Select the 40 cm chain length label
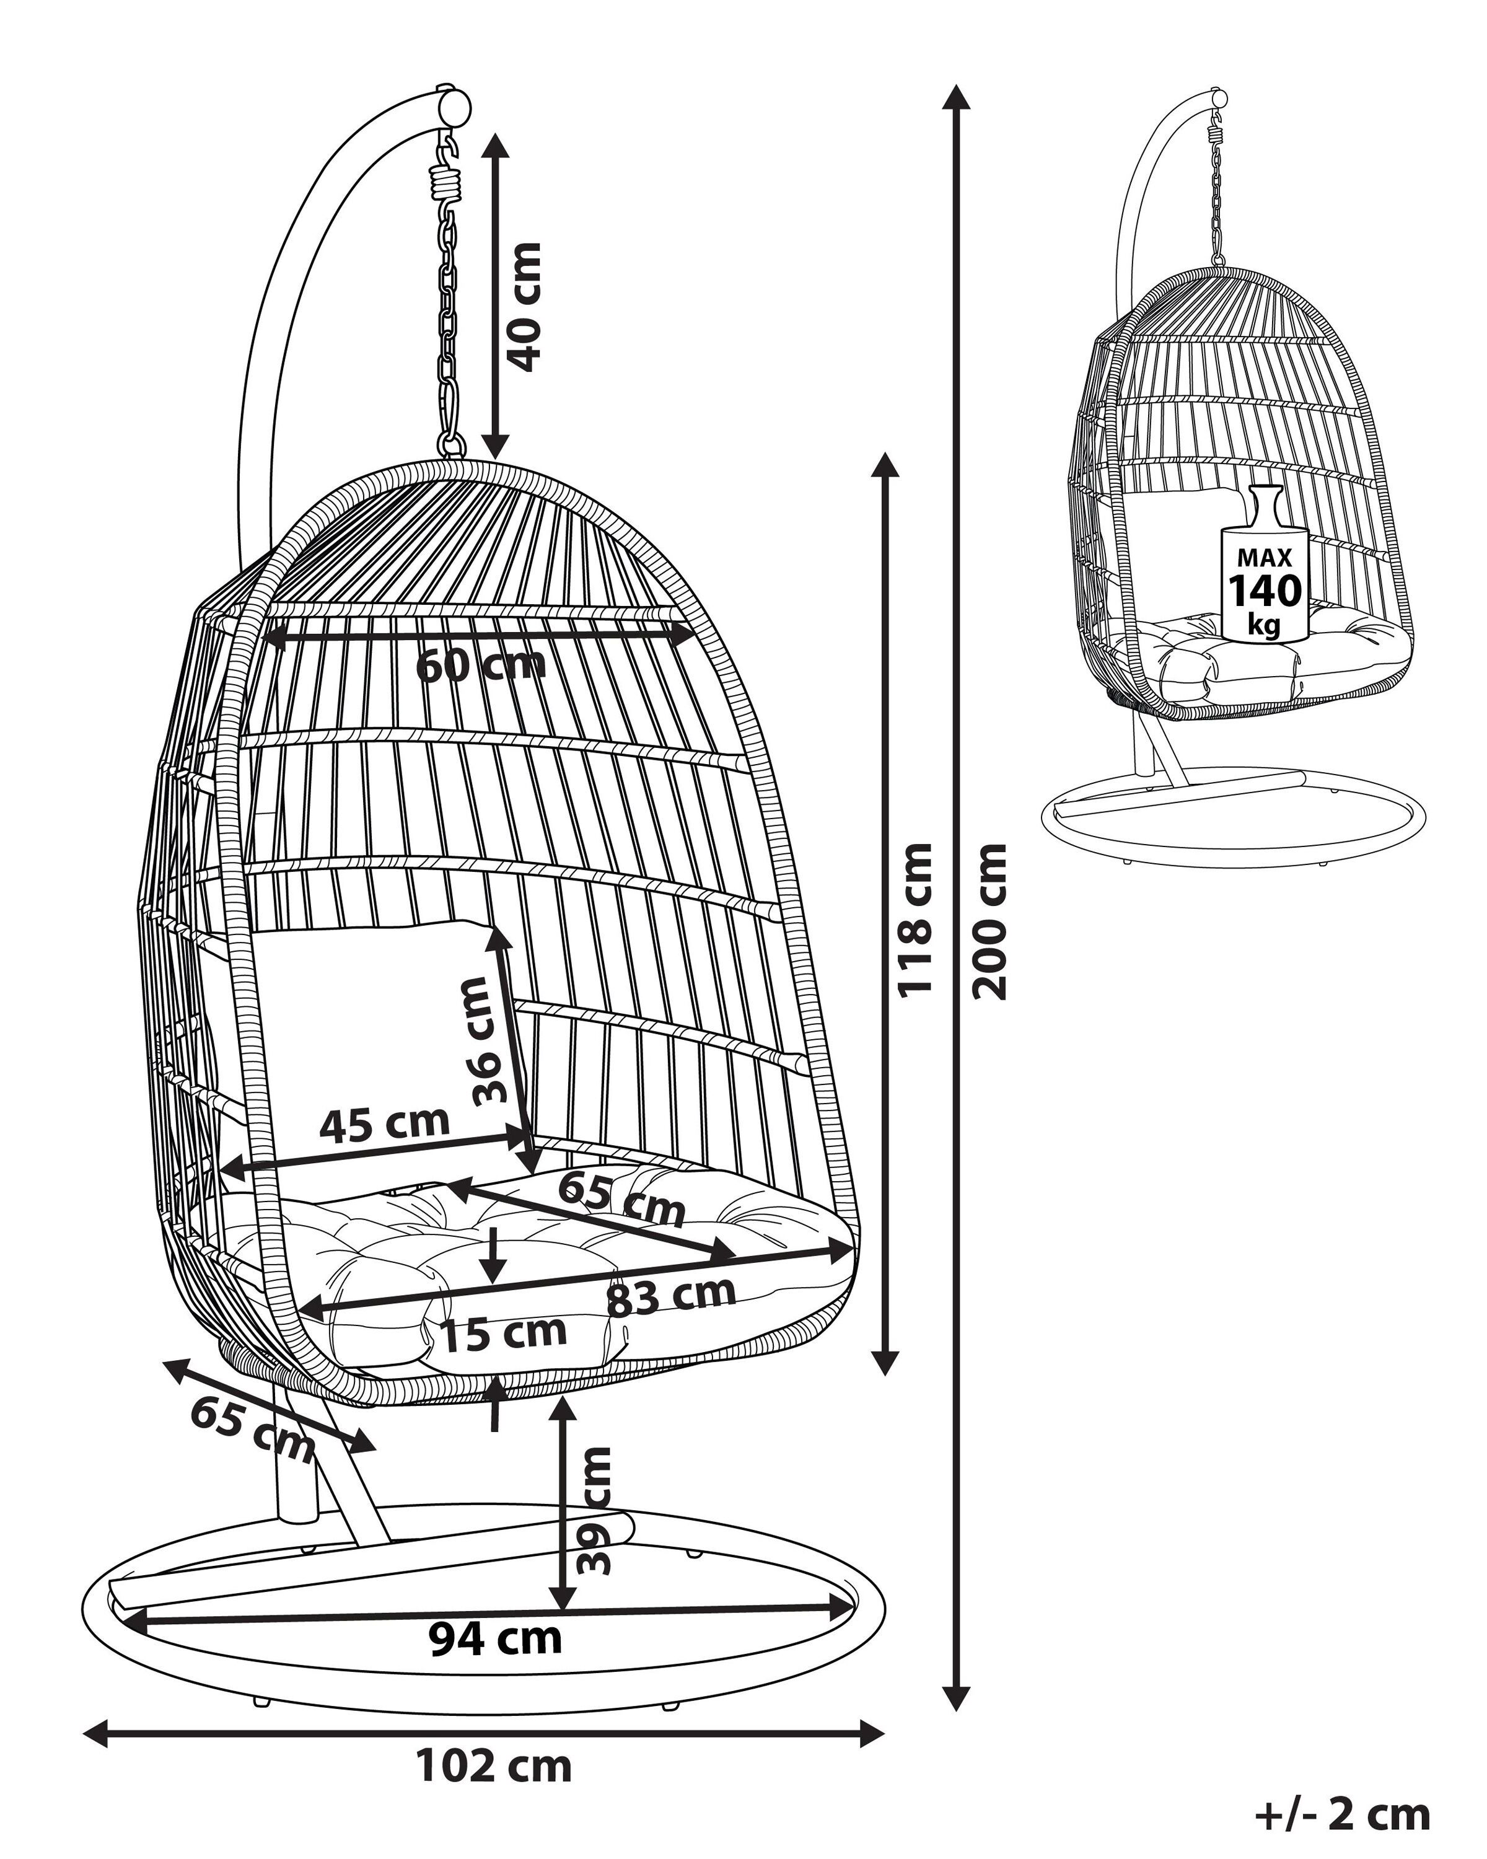click(524, 307)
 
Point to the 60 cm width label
click(481, 666)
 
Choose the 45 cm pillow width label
click(385, 1123)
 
